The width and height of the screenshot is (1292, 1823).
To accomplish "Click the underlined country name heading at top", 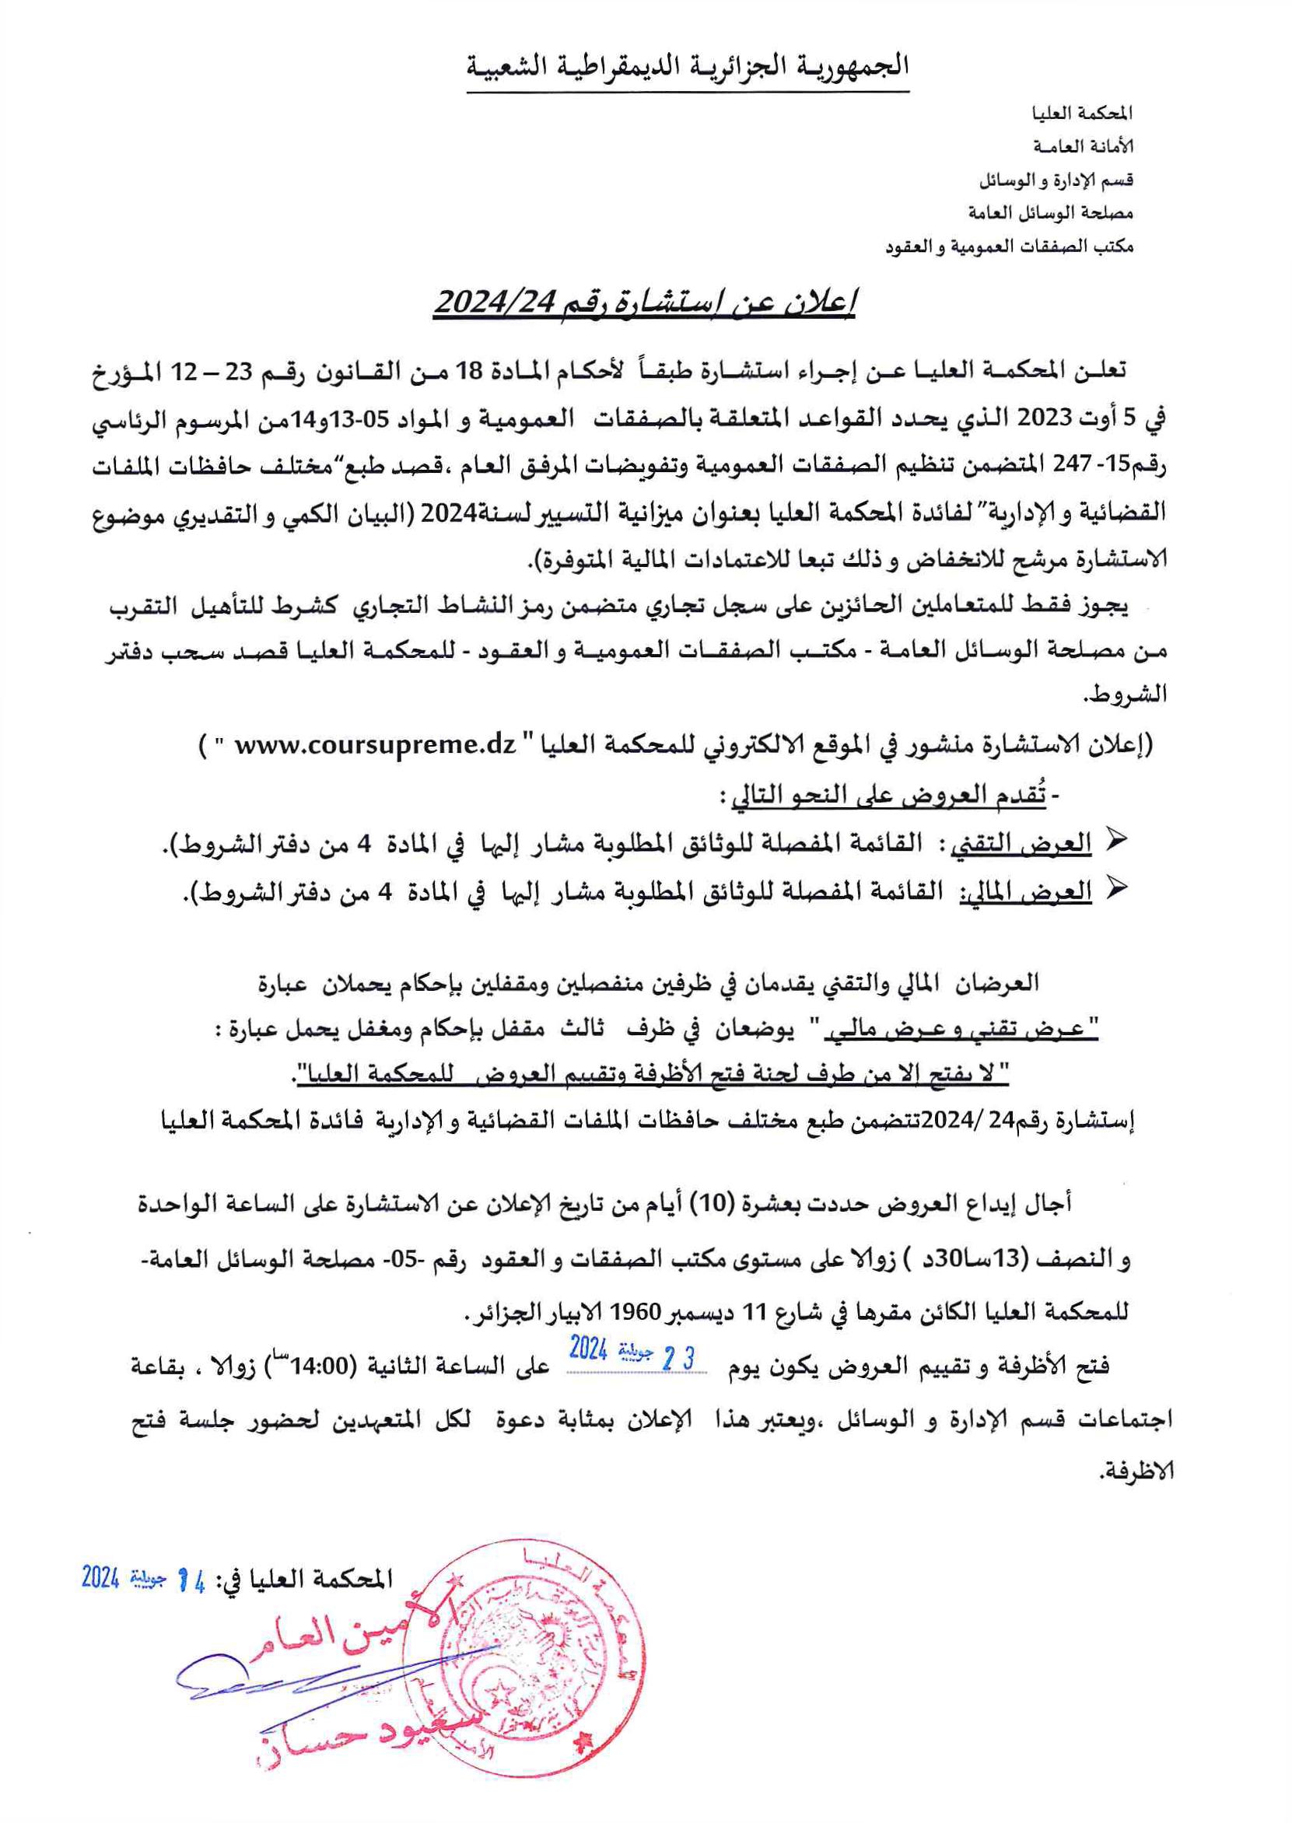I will tap(688, 67).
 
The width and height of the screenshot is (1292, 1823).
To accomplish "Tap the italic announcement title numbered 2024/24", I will tap(643, 303).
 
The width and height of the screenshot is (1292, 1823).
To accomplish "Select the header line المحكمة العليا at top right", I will tap(1091, 114).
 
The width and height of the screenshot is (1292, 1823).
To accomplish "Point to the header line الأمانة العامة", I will tap(1083, 147).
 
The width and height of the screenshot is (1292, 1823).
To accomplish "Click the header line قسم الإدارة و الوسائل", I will tap(1055, 180).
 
